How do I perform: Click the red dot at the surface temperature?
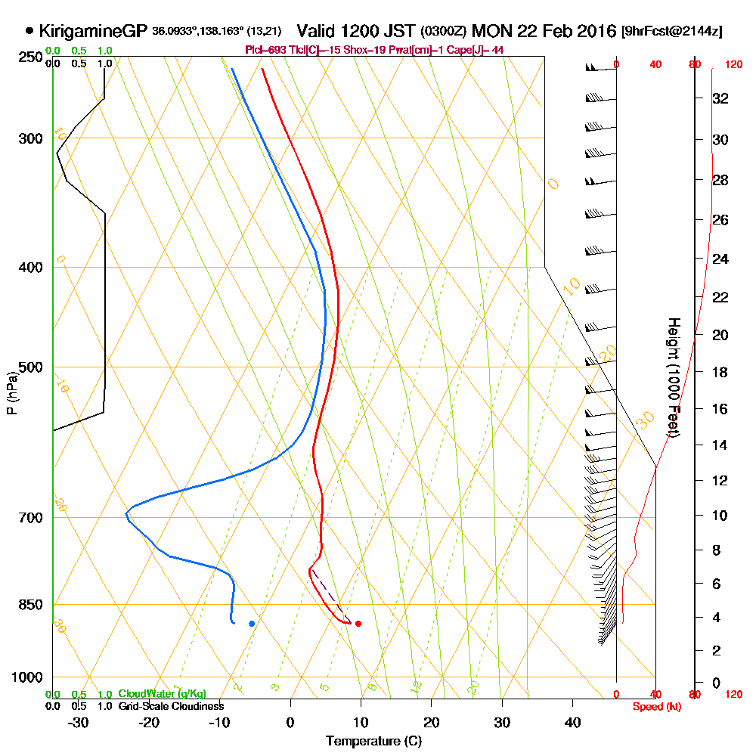358,624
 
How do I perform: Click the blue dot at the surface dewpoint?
251,624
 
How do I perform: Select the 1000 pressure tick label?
28,677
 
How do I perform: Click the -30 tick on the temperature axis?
79,722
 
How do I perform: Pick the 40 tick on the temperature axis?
572,722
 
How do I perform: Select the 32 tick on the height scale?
720,98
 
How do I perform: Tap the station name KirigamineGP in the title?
93,32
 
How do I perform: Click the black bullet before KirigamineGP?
29,32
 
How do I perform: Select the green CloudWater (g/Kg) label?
162,694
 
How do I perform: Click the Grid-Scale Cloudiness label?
171,706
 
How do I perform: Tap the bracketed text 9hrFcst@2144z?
671,32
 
